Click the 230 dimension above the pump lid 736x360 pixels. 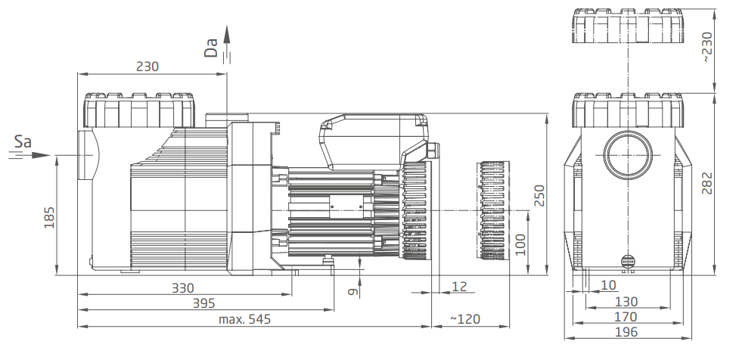[x=148, y=67]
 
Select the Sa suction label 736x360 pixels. [x=23, y=141]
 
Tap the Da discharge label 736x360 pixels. [x=211, y=48]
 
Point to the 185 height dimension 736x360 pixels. [x=49, y=217]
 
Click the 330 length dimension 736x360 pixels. [x=182, y=287]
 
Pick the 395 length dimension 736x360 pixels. [x=204, y=303]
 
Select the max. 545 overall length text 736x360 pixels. [x=244, y=319]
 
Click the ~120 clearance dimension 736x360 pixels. [x=465, y=319]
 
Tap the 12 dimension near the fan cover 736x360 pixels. [x=459, y=287]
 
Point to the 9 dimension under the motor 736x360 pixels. [x=353, y=292]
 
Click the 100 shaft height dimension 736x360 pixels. [x=520, y=244]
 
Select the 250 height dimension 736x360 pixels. [x=540, y=195]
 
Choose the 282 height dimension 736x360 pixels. [x=707, y=183]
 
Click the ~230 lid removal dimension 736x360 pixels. [x=707, y=47]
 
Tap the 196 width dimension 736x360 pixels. [x=626, y=332]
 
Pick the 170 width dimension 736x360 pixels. [x=626, y=317]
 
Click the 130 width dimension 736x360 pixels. [x=626, y=301]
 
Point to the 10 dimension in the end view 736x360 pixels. [x=608, y=285]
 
